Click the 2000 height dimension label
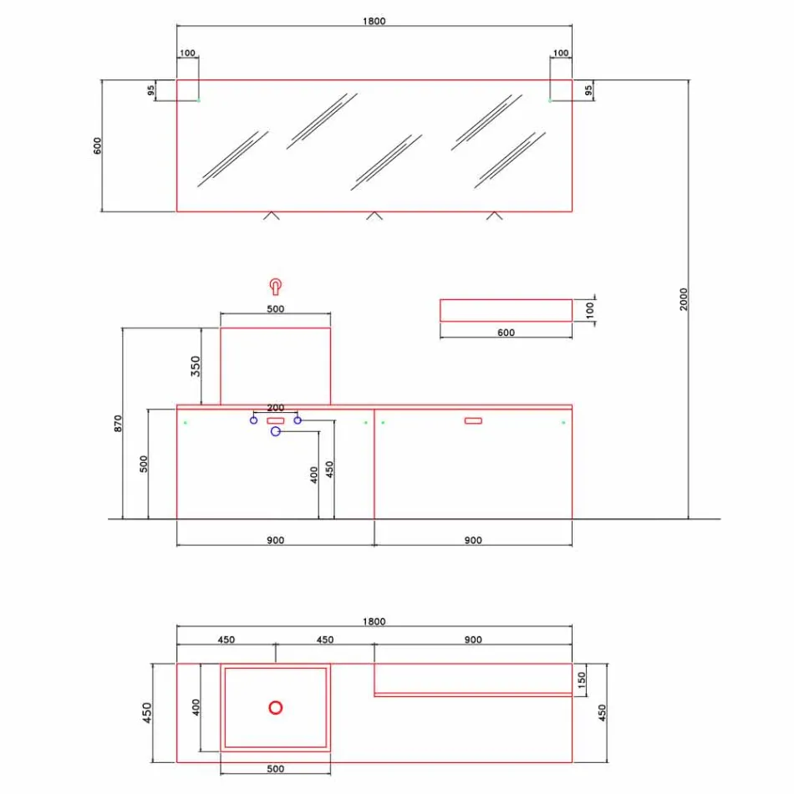[x=682, y=299]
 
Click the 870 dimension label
[x=118, y=423]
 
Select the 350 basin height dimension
[x=195, y=366]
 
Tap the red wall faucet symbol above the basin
[x=275, y=288]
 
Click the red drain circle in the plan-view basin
[x=275, y=707]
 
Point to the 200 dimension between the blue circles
[x=275, y=408]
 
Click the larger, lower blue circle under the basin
[x=275, y=431]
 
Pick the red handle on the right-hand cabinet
[x=473, y=420]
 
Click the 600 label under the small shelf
[x=506, y=333]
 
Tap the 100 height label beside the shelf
[x=592, y=309]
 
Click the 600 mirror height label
[x=97, y=145]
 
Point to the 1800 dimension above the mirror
[x=374, y=21]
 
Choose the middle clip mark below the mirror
[x=374, y=216]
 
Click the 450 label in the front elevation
[x=329, y=470]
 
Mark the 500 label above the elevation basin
[x=275, y=309]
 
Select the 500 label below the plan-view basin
[x=275, y=769]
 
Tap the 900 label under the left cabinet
[x=275, y=540]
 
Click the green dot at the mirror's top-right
[x=550, y=100]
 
